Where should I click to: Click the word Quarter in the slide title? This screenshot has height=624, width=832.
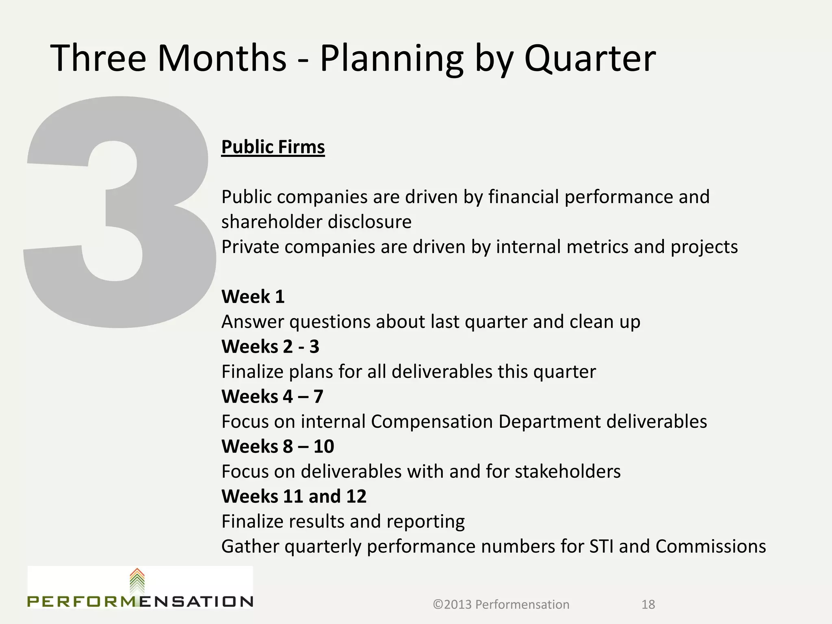click(590, 59)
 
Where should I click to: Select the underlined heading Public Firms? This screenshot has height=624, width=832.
click(273, 147)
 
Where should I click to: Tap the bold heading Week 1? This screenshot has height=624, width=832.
click(253, 297)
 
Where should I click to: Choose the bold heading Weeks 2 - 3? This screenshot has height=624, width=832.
click(270, 347)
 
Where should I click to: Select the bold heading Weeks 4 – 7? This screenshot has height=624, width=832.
click(272, 397)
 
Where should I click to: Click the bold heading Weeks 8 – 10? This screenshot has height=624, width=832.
click(277, 447)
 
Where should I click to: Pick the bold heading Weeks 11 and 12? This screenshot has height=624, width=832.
click(294, 497)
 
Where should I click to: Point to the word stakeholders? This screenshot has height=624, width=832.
click(568, 472)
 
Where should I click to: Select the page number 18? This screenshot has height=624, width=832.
click(648, 605)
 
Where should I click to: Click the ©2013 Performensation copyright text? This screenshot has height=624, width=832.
click(501, 605)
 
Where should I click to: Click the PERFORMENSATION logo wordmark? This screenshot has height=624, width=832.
click(140, 602)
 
